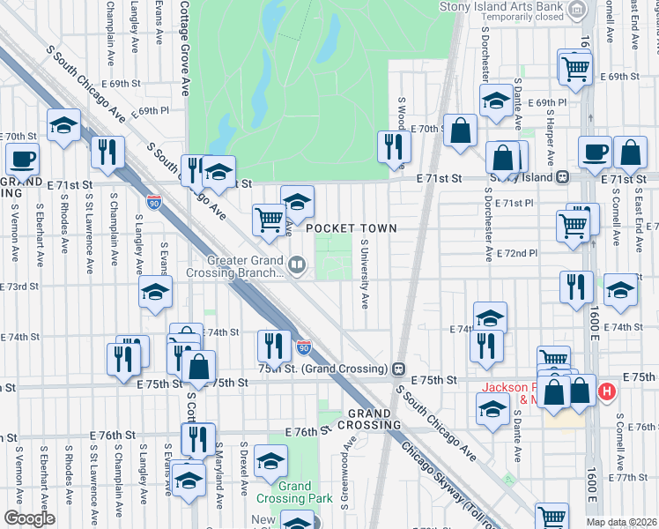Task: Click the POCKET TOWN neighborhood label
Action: tap(352, 228)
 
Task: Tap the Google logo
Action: tap(29, 518)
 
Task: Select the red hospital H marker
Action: tap(606, 391)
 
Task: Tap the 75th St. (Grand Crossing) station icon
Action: tap(398, 368)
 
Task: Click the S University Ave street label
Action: tap(364, 273)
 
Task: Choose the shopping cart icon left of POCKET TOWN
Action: tap(269, 219)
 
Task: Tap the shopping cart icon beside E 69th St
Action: tap(575, 67)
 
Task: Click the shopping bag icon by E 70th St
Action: tap(460, 130)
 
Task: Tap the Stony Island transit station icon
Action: tap(561, 176)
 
